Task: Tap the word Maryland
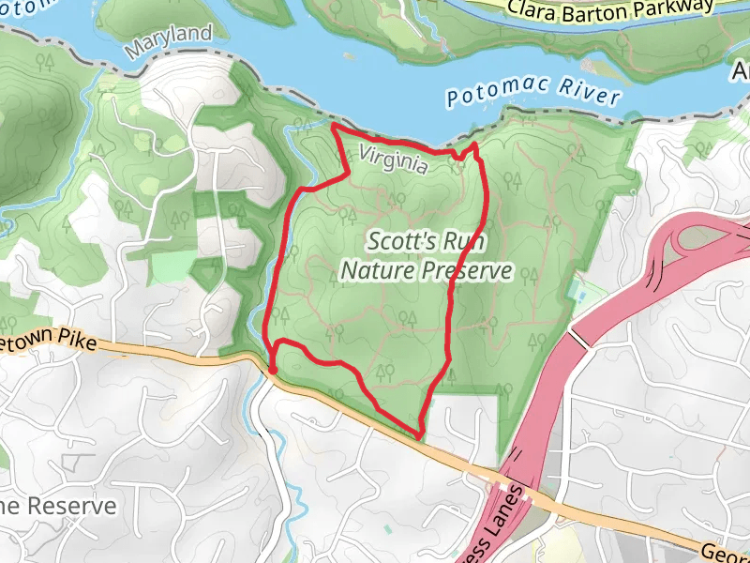[170, 38]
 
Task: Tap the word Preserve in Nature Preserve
[466, 271]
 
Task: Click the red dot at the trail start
[272, 372]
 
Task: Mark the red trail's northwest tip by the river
[335, 126]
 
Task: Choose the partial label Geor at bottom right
[727, 553]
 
